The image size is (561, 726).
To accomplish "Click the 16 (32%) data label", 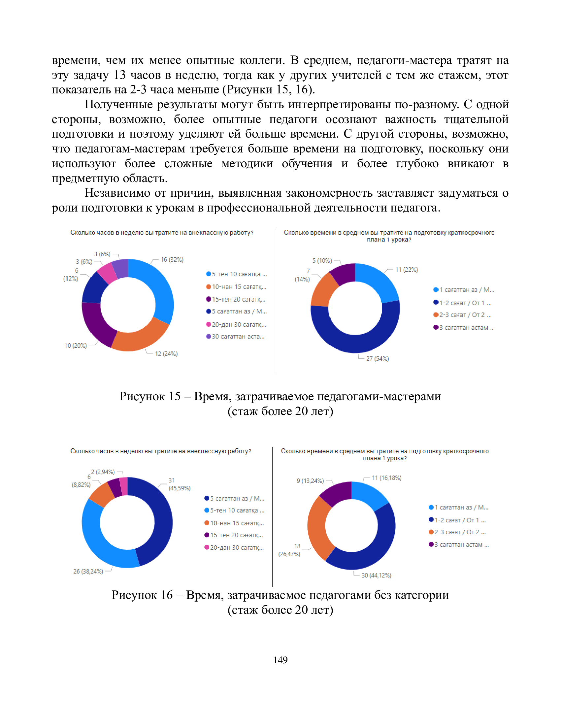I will tap(172, 260).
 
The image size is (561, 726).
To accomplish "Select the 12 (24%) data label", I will tap(166, 354).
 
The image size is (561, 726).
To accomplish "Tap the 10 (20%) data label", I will tap(76, 346).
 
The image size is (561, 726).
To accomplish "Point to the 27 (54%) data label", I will tap(377, 359).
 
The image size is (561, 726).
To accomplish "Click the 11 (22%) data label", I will tap(406, 270).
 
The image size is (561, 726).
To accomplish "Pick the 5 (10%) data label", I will tap(322, 261).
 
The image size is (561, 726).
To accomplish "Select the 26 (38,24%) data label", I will tap(88, 571).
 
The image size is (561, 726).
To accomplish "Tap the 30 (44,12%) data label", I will tap(376, 575).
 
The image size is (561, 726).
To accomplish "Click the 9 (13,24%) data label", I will tap(310, 481).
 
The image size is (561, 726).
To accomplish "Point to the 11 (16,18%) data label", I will tap(386, 478).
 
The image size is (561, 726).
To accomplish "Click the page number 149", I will tap(280, 660).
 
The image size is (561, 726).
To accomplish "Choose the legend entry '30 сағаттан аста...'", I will tap(238, 336).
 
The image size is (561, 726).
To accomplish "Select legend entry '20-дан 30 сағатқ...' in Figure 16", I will tap(237, 547).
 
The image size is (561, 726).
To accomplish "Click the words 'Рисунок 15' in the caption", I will tap(149, 396).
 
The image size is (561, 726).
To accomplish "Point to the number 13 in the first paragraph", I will tap(119, 75).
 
